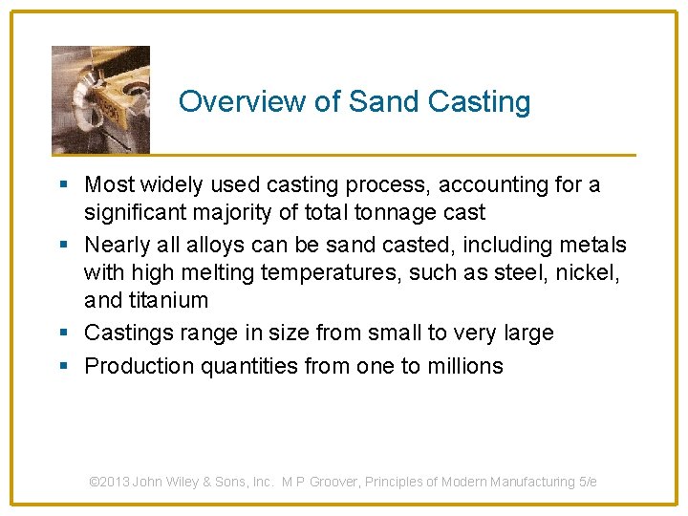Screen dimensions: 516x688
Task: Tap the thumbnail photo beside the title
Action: coord(100,99)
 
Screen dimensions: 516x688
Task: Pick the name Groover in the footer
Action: coord(351,482)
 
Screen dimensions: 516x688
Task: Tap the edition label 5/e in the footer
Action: coord(588,482)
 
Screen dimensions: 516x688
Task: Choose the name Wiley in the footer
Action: coord(182,482)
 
